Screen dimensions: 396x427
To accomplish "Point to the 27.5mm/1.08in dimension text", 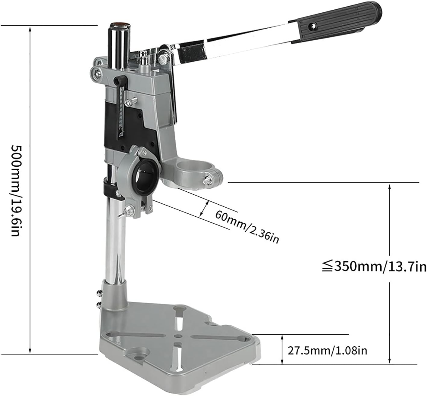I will (x=327, y=351).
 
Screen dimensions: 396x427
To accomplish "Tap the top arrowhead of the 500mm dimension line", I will (x=30, y=29).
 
